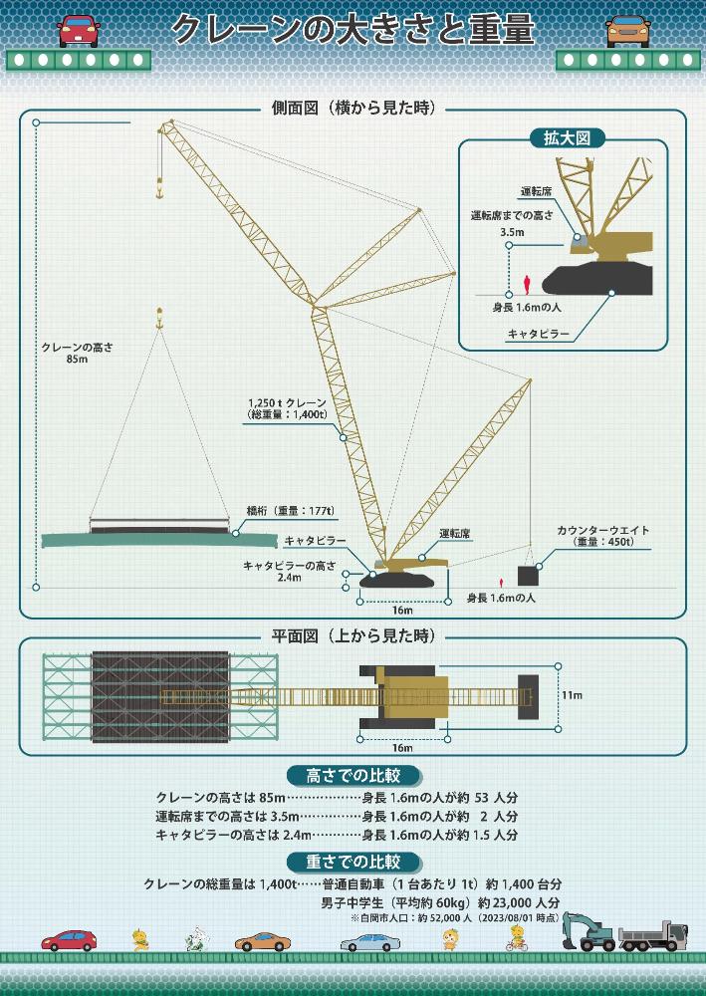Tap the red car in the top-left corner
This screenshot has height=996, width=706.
click(79, 32)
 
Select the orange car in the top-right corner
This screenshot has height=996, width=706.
click(627, 32)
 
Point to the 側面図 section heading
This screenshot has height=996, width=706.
click(353, 109)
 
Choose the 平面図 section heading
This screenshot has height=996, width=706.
click(353, 635)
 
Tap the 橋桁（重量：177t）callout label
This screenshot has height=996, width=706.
click(290, 511)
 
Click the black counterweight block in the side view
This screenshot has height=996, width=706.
click(527, 576)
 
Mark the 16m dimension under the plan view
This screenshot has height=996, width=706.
click(402, 747)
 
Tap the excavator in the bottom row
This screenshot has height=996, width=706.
click(588, 930)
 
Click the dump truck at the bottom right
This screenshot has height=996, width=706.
click(652, 935)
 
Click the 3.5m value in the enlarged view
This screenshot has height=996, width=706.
click(512, 232)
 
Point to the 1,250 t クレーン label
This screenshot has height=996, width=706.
click(287, 402)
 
